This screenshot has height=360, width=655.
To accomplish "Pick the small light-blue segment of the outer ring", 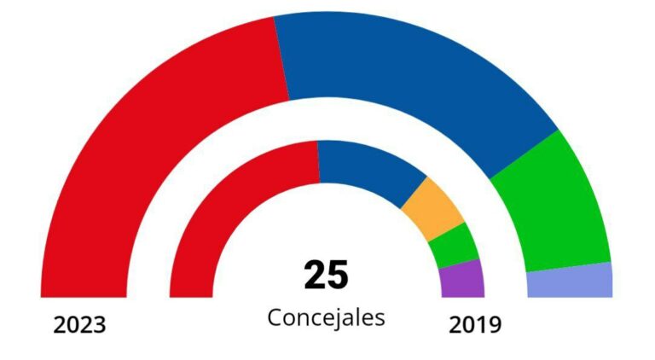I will (x=570, y=282).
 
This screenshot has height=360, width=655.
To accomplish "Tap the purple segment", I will (x=462, y=279).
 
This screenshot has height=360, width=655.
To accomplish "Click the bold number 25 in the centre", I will (x=326, y=276).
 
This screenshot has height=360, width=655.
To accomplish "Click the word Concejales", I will (x=326, y=317).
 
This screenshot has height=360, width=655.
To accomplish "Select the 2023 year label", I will (x=79, y=325).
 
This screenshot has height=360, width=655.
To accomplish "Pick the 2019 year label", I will (x=475, y=325).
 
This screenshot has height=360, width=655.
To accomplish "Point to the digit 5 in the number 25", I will (x=339, y=276).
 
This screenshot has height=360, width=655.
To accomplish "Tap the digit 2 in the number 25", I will (x=314, y=276).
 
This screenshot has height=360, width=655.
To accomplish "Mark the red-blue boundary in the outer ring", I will (x=281, y=59).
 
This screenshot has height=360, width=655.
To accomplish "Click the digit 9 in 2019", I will (x=495, y=325).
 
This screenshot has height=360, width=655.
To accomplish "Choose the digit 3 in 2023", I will (x=99, y=325).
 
